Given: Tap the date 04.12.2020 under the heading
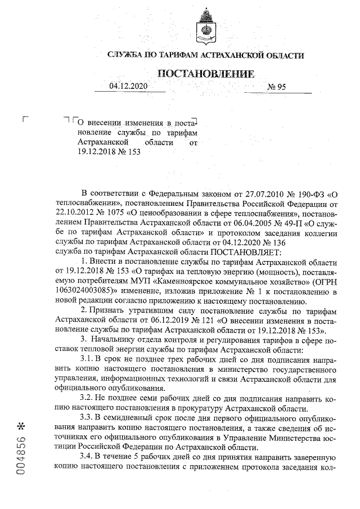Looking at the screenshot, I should click(128, 87).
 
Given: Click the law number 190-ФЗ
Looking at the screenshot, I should click(308, 194).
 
